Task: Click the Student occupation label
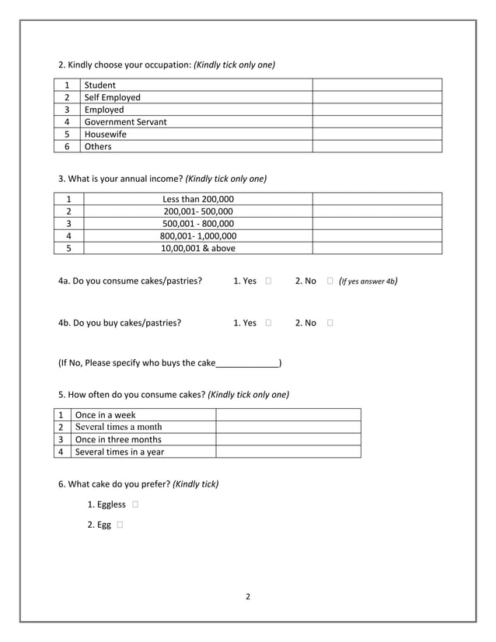tap(100, 85)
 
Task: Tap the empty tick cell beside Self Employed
tap(377, 97)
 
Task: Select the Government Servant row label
tap(125, 122)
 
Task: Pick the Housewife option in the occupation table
tap(106, 134)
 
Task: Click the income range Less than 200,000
tap(197, 199)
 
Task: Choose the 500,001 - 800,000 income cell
tap(197, 224)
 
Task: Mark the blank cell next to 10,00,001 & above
tap(377, 249)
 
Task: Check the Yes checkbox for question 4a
tap(268, 281)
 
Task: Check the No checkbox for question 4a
tap(330, 281)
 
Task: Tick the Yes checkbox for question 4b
tap(268, 323)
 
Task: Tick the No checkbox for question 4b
tap(330, 323)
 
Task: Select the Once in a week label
tap(105, 415)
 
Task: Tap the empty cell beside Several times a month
tap(288, 427)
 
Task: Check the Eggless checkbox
tap(136, 504)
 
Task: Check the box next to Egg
tap(121, 525)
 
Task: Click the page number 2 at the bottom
tap(248, 597)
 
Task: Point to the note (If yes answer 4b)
tap(369, 281)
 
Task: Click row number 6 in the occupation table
tap(68, 147)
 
